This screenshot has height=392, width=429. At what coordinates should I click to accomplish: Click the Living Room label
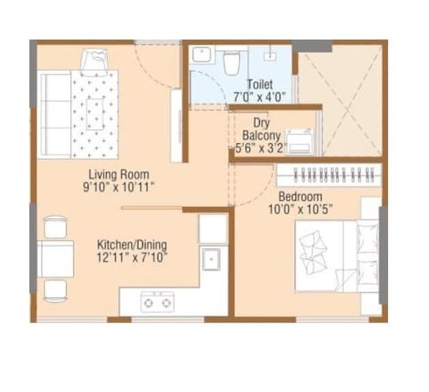119,174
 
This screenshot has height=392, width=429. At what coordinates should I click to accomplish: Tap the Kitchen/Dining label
132,245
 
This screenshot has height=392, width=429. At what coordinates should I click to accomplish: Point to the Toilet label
259,85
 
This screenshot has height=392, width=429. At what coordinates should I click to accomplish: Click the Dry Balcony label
261,129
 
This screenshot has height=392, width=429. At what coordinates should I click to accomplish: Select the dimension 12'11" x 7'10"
132,257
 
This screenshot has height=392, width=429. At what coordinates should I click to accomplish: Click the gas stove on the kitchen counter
157,300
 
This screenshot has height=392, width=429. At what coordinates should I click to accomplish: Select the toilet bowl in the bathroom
233,61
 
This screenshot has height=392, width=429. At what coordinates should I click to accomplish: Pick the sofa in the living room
55,106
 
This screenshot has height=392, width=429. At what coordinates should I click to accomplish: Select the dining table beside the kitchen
57,258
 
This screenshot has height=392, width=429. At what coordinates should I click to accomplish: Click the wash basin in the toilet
203,54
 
